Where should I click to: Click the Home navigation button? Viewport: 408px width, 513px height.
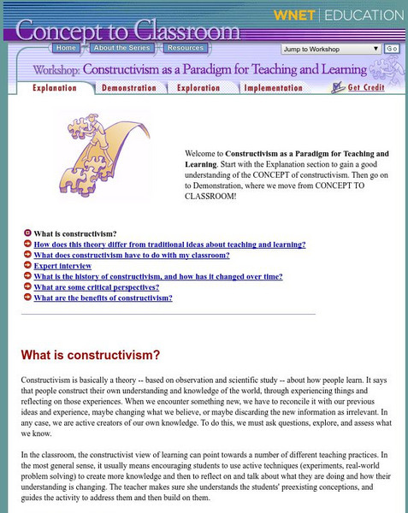pyautogui.click(x=68, y=49)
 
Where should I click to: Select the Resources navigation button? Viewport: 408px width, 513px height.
pyautogui.click(x=184, y=49)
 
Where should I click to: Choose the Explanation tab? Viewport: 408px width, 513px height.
pyautogui.click(x=54, y=87)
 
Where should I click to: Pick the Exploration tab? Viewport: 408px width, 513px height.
pyautogui.click(x=198, y=87)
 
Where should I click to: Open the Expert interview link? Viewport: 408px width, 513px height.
pyautogui.click(x=66, y=266)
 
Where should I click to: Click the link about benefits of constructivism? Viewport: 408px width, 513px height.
pyautogui.click(x=103, y=298)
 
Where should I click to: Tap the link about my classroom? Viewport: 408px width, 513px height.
pyautogui.click(x=132, y=255)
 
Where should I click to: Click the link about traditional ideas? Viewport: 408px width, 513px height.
pyautogui.click(x=169, y=244)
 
